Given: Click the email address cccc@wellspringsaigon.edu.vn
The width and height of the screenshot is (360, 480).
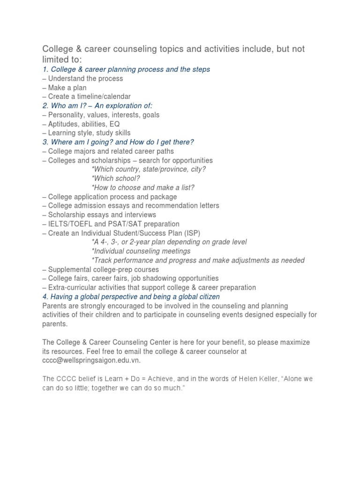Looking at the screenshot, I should [x=91, y=360].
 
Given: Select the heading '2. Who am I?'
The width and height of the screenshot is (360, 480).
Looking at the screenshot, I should [x=97, y=105].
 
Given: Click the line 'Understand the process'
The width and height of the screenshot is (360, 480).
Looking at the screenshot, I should [x=85, y=78].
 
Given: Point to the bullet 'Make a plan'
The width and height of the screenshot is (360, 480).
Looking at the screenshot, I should [x=67, y=88].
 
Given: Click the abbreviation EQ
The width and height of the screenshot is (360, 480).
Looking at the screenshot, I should [x=114, y=124].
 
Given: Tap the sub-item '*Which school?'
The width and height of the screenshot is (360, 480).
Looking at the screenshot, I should [x=116, y=178].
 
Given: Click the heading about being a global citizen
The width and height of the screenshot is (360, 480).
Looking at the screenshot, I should [x=131, y=297].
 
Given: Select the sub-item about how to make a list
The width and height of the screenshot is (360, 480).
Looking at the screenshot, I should [x=143, y=187].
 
